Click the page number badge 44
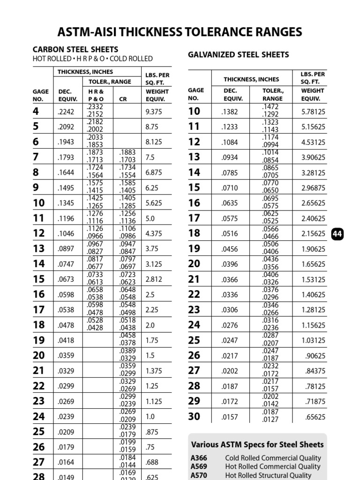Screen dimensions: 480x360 [x=337, y=233]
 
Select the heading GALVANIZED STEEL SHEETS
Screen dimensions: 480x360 [x=238, y=55]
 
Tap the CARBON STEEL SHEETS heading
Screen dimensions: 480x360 [x=75, y=49]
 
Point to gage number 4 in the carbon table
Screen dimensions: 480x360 [x=36, y=111]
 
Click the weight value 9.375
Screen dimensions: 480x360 [x=154, y=112]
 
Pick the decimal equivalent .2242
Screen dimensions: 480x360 [x=66, y=112]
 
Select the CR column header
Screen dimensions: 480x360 [x=123, y=99]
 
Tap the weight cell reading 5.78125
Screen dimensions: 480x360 [x=313, y=112]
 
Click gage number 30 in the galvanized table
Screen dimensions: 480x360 [x=194, y=416]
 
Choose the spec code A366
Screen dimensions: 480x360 [x=199, y=458]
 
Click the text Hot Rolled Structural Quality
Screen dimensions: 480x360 [x=269, y=475]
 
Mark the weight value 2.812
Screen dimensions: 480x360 [x=154, y=279]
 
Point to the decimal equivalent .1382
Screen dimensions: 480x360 [x=230, y=112]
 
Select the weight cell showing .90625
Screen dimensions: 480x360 [x=315, y=356]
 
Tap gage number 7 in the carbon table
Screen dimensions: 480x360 [x=36, y=157]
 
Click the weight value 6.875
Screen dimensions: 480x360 [x=154, y=172]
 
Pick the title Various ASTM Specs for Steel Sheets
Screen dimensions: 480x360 [x=257, y=444]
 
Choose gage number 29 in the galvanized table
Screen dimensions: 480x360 [x=194, y=401]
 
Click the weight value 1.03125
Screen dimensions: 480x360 [x=313, y=340]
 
